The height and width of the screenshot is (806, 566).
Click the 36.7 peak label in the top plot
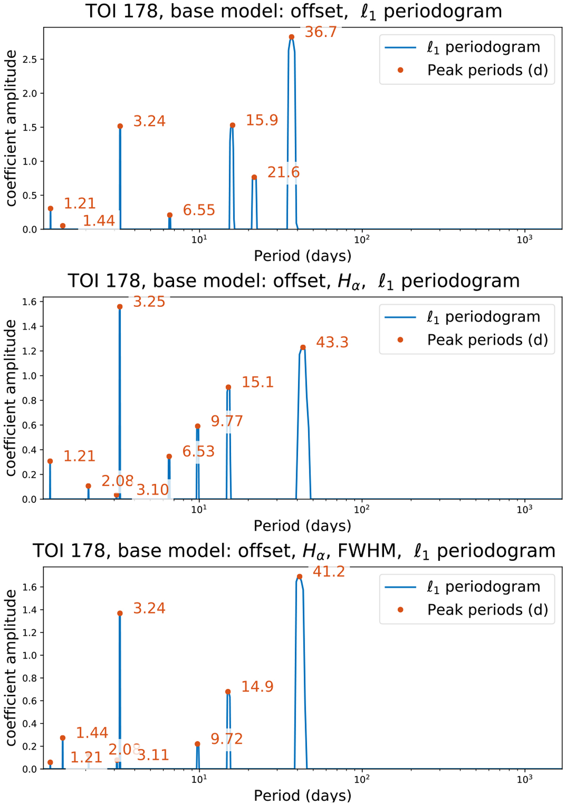click(321, 32)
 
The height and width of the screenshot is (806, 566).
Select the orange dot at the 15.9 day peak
click(233, 125)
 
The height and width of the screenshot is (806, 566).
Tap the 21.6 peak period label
click(283, 172)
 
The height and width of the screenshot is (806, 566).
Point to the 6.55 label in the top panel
click(199, 210)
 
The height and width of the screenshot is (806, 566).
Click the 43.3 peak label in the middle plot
click(332, 342)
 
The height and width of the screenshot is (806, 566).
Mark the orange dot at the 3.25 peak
click(120, 307)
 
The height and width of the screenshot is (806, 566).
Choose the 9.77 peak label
click(227, 421)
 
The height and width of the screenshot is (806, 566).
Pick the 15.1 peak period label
click(258, 382)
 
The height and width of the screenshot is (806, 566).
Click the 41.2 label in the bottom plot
click(329, 572)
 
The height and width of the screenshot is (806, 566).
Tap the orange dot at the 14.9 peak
click(228, 692)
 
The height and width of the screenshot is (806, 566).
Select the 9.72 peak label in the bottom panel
click(226, 739)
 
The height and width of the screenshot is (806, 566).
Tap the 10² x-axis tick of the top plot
click(362, 239)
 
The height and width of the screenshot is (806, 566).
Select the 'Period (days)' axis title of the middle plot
click(302, 526)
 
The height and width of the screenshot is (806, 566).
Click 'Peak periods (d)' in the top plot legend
click(487, 70)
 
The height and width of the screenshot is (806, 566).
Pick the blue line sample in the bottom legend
click(400, 587)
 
